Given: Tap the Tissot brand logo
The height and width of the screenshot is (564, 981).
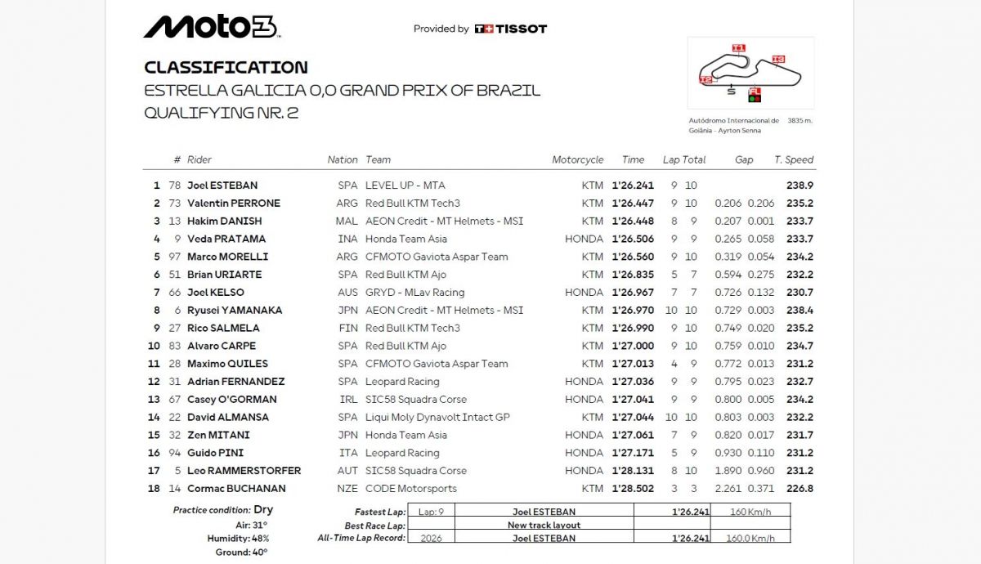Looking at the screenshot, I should (511, 29).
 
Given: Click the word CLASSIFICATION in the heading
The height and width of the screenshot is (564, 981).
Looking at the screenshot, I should (226, 68).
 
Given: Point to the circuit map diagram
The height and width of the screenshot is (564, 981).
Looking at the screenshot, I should (750, 73).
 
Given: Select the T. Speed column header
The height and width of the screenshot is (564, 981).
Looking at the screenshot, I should (794, 160).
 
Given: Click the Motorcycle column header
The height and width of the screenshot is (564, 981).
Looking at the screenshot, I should (577, 160).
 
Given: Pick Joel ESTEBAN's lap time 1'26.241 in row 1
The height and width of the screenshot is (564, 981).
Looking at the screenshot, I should (634, 186).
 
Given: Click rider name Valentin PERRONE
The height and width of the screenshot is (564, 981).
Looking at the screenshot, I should (233, 204).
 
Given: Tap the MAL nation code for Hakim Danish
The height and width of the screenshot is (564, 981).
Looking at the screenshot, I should (347, 222).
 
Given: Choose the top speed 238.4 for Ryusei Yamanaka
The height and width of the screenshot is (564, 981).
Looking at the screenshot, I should (800, 311).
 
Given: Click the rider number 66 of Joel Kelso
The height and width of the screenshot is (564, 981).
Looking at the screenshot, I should (174, 293).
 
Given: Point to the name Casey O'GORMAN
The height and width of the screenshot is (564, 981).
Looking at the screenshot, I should (231, 400).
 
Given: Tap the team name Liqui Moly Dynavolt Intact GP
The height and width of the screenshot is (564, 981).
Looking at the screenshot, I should (437, 418).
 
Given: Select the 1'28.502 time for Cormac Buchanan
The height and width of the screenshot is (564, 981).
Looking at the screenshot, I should (634, 489).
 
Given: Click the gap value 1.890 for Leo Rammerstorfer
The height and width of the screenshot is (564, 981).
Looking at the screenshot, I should (728, 471).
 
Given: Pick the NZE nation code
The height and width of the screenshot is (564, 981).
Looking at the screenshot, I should (347, 489).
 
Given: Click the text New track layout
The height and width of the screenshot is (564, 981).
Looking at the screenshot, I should (544, 526).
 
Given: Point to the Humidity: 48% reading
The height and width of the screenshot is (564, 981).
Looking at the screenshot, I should (238, 539).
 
